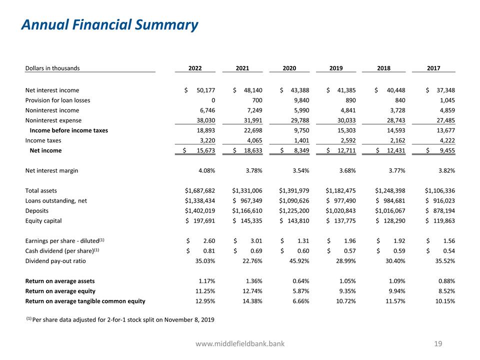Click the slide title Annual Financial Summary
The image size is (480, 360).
[x=109, y=24]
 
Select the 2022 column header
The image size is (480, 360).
[x=195, y=68]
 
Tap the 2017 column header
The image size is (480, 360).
[x=433, y=68]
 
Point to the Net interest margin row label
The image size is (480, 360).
[x=51, y=170]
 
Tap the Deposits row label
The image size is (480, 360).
[x=37, y=210]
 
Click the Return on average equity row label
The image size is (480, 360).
[x=60, y=290]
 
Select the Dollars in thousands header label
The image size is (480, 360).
[x=52, y=68]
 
